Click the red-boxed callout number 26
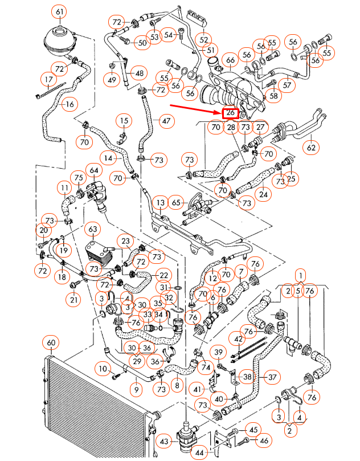230,113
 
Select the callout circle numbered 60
51,343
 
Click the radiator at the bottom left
91,407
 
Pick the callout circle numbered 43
164,442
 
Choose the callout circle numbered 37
272,377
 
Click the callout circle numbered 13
161,203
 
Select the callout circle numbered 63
92,230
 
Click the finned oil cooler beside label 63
98,251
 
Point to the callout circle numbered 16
69,104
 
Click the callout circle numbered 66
230,60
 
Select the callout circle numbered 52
203,39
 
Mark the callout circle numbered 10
103,369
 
